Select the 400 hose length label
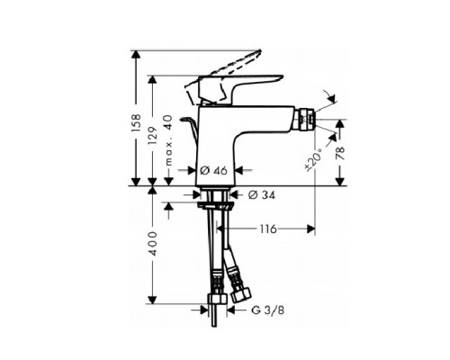click(x=152, y=243)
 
